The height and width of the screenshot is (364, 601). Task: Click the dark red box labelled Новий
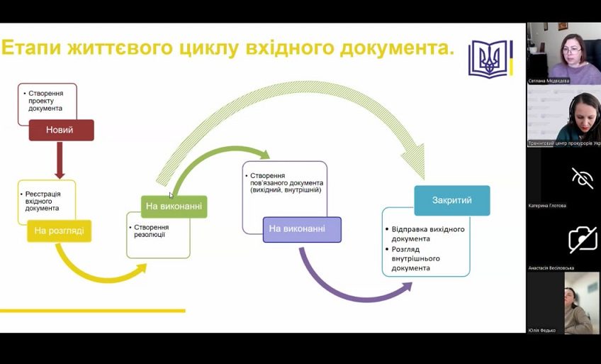60,130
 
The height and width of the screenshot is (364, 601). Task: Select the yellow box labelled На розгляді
59,231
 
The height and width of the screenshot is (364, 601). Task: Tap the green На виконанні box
174,206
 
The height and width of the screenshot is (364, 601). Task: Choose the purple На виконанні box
302,228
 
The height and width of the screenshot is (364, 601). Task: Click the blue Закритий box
451,200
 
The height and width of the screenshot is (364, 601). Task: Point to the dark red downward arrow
60,160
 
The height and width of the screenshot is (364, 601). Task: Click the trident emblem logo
489,58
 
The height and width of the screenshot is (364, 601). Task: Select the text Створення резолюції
150,231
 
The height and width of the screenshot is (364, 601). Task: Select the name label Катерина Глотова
547,206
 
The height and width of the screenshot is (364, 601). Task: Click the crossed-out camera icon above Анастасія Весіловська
582,239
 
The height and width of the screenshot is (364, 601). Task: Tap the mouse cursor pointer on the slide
171,195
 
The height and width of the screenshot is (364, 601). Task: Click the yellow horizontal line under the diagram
92,310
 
